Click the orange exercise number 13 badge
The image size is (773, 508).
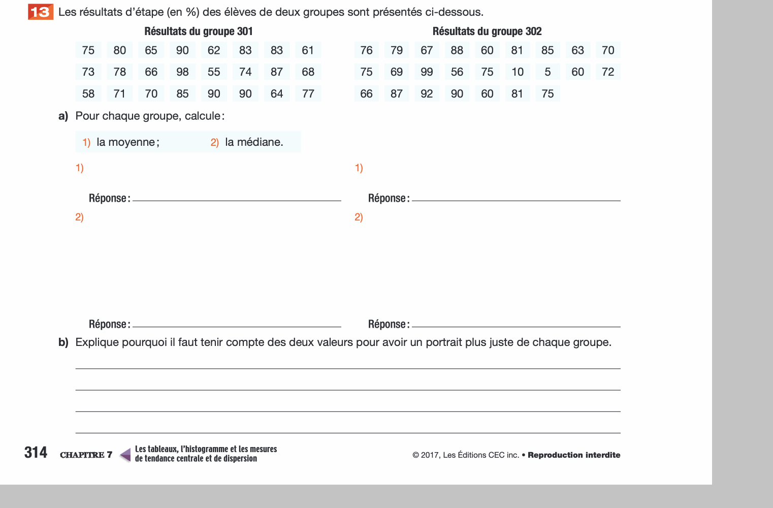click(41, 12)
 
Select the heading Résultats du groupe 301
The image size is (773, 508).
click(198, 31)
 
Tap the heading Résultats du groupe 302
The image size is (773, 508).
click(487, 31)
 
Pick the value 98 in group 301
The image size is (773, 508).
click(182, 72)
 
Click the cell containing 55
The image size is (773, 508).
click(214, 72)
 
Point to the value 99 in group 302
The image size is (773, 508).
click(427, 72)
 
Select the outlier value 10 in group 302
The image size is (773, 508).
click(517, 72)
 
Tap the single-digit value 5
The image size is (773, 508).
click(547, 72)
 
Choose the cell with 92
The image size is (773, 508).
click(427, 94)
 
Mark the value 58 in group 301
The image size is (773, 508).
click(88, 94)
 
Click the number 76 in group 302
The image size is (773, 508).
click(366, 50)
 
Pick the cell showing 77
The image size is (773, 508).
click(308, 94)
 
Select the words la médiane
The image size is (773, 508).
click(253, 142)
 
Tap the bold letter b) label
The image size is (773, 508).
click(63, 342)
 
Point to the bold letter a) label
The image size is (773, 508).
click(63, 116)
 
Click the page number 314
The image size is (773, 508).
click(36, 453)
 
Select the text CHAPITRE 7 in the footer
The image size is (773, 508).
click(86, 455)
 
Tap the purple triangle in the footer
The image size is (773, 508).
click(125, 454)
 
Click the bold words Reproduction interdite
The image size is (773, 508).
click(574, 455)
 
